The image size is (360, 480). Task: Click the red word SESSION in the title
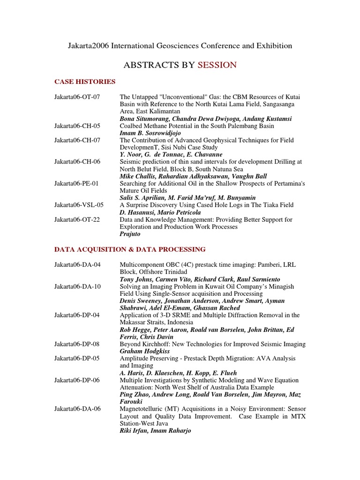217,65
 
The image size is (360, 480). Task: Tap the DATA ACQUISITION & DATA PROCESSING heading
130,249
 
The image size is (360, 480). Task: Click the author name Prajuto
130,233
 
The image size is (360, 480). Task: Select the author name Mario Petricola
180,212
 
